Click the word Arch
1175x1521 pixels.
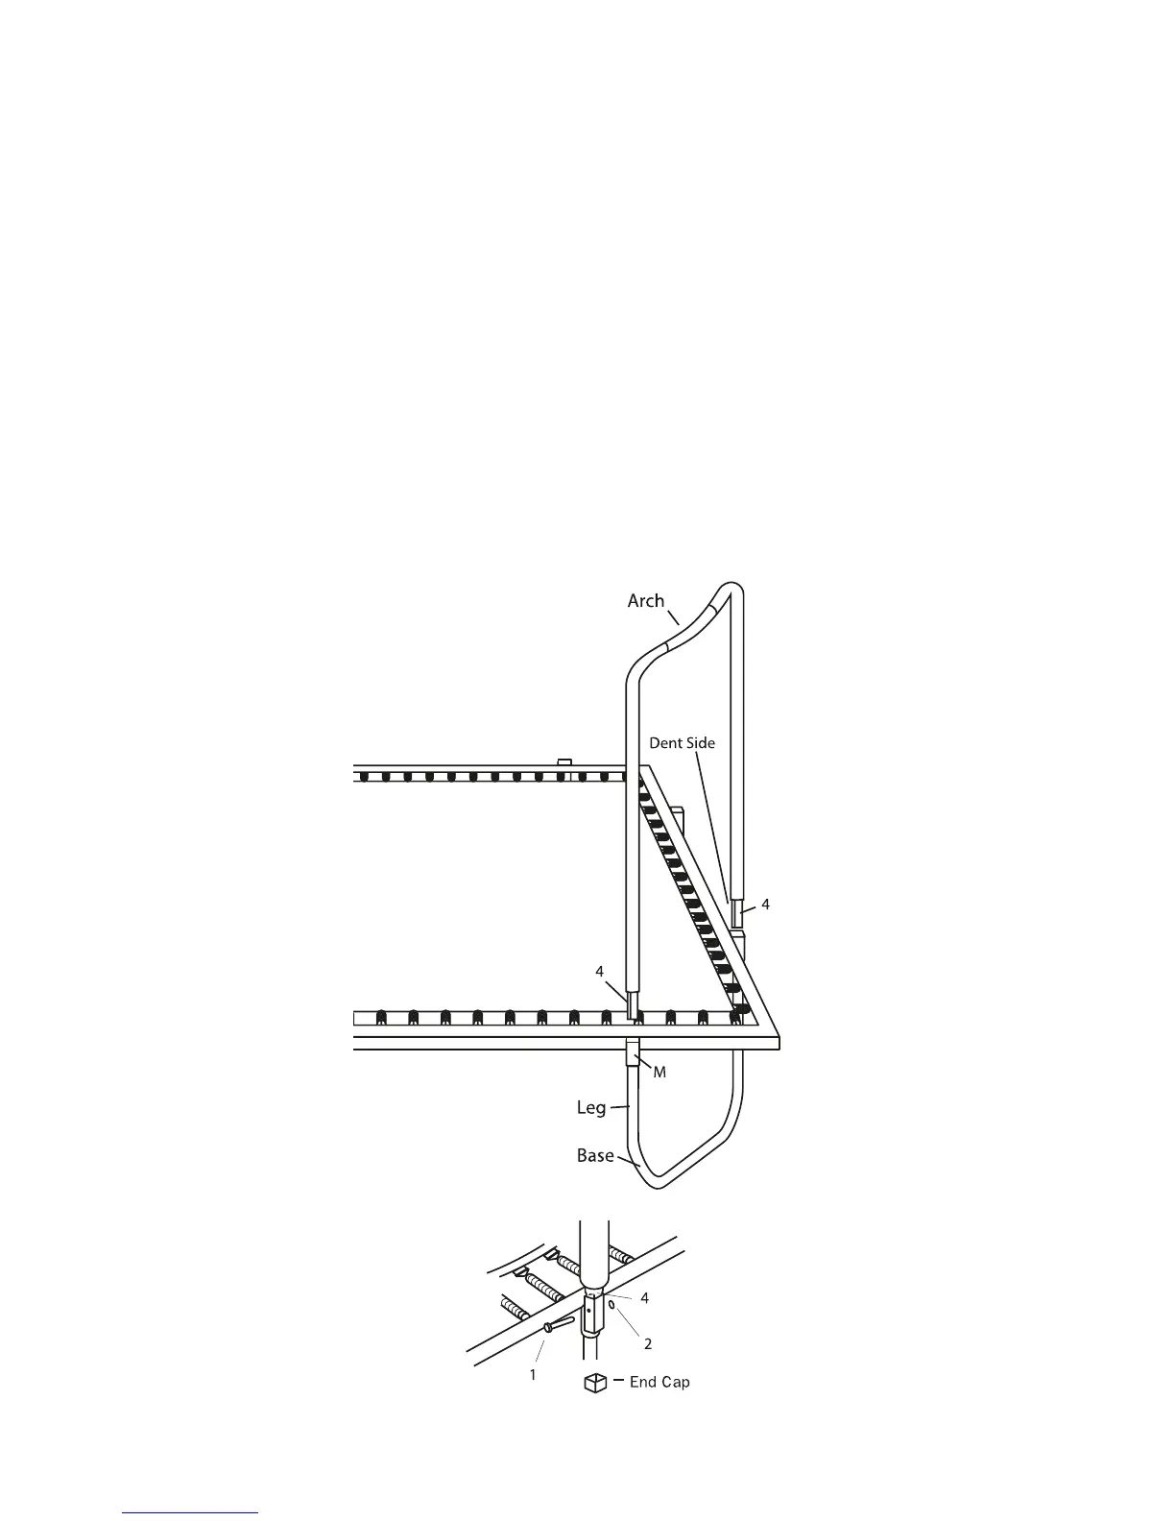point(645,601)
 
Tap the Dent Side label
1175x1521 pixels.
point(682,743)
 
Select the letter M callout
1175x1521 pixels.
point(659,1073)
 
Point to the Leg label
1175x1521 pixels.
point(591,1107)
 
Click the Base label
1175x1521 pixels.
point(595,1155)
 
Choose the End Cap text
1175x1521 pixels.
point(659,1383)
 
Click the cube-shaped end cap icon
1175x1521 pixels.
point(596,1384)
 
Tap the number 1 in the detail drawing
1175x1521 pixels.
point(533,1375)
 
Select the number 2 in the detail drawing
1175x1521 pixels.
point(648,1344)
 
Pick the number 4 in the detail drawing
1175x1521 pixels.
point(645,1298)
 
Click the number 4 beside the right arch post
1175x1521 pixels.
point(765,905)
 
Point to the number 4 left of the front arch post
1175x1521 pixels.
point(600,972)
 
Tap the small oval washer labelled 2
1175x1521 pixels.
point(611,1307)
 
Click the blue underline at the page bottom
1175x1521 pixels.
point(191,1513)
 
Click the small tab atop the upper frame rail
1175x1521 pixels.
point(564,762)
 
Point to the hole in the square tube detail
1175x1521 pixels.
point(588,1310)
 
